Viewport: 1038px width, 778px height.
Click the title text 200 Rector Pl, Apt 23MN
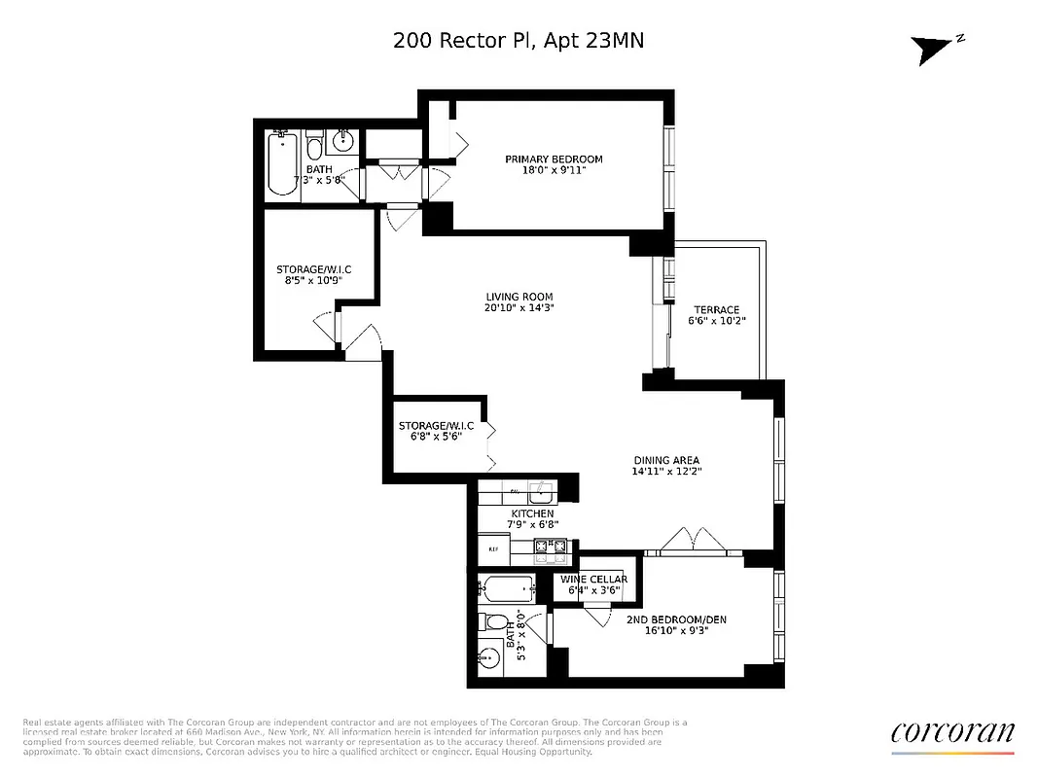pos(519,41)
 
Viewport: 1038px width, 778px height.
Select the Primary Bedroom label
pos(553,159)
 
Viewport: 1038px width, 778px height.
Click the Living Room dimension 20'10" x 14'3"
pos(519,308)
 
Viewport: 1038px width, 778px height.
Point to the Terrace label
pos(716,310)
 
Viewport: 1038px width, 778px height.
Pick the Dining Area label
pos(665,461)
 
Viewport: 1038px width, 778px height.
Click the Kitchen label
pos(532,513)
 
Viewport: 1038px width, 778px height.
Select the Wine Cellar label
pos(593,580)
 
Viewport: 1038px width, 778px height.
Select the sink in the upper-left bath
pos(343,142)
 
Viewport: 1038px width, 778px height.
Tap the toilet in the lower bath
pos(492,623)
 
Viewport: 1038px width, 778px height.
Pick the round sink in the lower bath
pos(488,659)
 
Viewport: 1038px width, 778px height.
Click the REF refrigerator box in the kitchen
pos(491,549)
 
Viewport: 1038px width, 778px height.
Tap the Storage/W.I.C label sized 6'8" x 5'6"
pos(436,431)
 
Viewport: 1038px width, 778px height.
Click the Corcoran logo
pos(952,733)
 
